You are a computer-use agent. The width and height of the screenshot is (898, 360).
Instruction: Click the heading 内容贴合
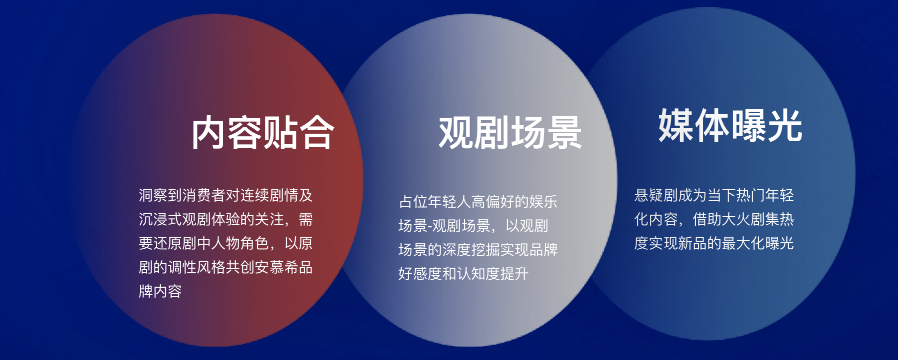pyautogui.click(x=263, y=133)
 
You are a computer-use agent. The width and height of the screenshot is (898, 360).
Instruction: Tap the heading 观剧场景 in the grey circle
pyautogui.click(x=510, y=133)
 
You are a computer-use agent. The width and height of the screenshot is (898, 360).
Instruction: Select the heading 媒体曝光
pyautogui.click(x=730, y=125)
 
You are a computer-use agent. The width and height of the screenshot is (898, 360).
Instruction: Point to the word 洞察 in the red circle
pyautogui.click(x=153, y=195)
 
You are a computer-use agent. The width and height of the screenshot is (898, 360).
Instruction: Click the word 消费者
pyautogui.click(x=204, y=195)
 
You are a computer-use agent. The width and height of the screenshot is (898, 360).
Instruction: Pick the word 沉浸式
pyautogui.click(x=161, y=219)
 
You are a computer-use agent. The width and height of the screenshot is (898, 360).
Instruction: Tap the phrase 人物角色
pyautogui.click(x=240, y=243)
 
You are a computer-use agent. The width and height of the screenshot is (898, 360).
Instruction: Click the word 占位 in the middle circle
pyautogui.click(x=413, y=202)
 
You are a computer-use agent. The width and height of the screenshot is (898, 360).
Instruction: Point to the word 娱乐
pyautogui.click(x=543, y=202)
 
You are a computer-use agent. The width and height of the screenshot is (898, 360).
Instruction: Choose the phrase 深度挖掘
pyautogui.click(x=471, y=250)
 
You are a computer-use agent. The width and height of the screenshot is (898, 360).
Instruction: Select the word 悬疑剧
pyautogui.click(x=656, y=195)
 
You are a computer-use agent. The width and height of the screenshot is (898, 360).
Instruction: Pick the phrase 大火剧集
pyautogui.click(x=750, y=219)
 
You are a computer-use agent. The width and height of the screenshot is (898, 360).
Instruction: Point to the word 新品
pyautogui.click(x=692, y=243)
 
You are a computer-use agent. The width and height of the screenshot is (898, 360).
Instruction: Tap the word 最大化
pyautogui.click(x=743, y=243)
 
